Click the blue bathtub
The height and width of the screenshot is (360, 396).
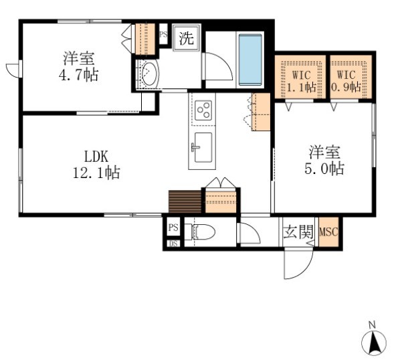coord(250,60)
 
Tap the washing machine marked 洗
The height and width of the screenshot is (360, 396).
coord(187,37)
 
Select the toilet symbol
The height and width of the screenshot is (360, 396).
coord(200,232)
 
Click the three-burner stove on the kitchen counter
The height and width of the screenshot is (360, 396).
coord(204,110)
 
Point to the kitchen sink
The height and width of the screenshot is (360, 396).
coord(203,147)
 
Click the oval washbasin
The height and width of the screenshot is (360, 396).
coord(149,74)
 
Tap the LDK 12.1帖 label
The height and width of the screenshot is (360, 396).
coord(96,165)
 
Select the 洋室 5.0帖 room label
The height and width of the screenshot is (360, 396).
coord(324,161)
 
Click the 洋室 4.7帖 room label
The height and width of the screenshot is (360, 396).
coord(78,66)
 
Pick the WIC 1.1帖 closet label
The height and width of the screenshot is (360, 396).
coord(301,82)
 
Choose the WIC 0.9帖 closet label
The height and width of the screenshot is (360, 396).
coord(346,82)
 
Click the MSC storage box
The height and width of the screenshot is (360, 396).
coord(328,232)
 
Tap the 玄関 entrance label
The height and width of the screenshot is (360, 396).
coord(298,232)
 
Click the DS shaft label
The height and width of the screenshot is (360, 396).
coord(173,244)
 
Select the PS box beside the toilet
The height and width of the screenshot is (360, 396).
coord(173,228)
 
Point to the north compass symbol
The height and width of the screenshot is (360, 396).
coord(374,343)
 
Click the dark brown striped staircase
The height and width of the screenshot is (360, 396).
coord(185,201)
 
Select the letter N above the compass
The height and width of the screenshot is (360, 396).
coord(372,325)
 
